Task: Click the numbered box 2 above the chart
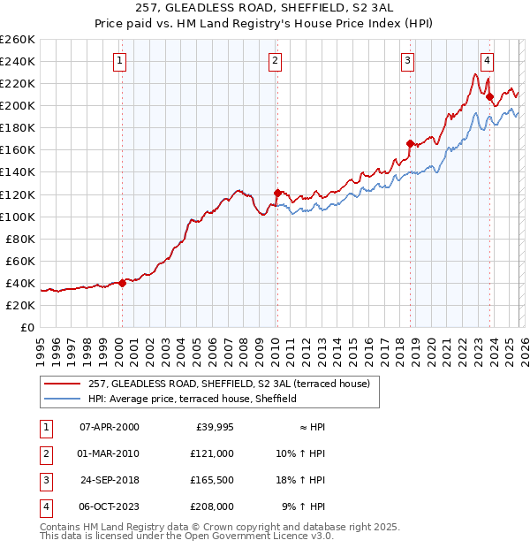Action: [x=276, y=61]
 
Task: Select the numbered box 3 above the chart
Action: [x=408, y=61]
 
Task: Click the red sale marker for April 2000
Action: [x=122, y=283]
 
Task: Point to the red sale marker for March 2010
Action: [x=276, y=193]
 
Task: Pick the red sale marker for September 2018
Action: [x=410, y=143]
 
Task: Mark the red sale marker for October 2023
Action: [x=489, y=96]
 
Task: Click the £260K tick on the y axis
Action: [x=18, y=40]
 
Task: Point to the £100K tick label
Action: [x=18, y=217]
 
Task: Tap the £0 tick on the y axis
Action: [x=26, y=327]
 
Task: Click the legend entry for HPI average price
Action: [x=193, y=399]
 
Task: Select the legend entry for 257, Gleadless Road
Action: [x=233, y=384]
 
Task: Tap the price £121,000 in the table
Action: [x=211, y=453]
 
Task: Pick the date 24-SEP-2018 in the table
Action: [x=109, y=480]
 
